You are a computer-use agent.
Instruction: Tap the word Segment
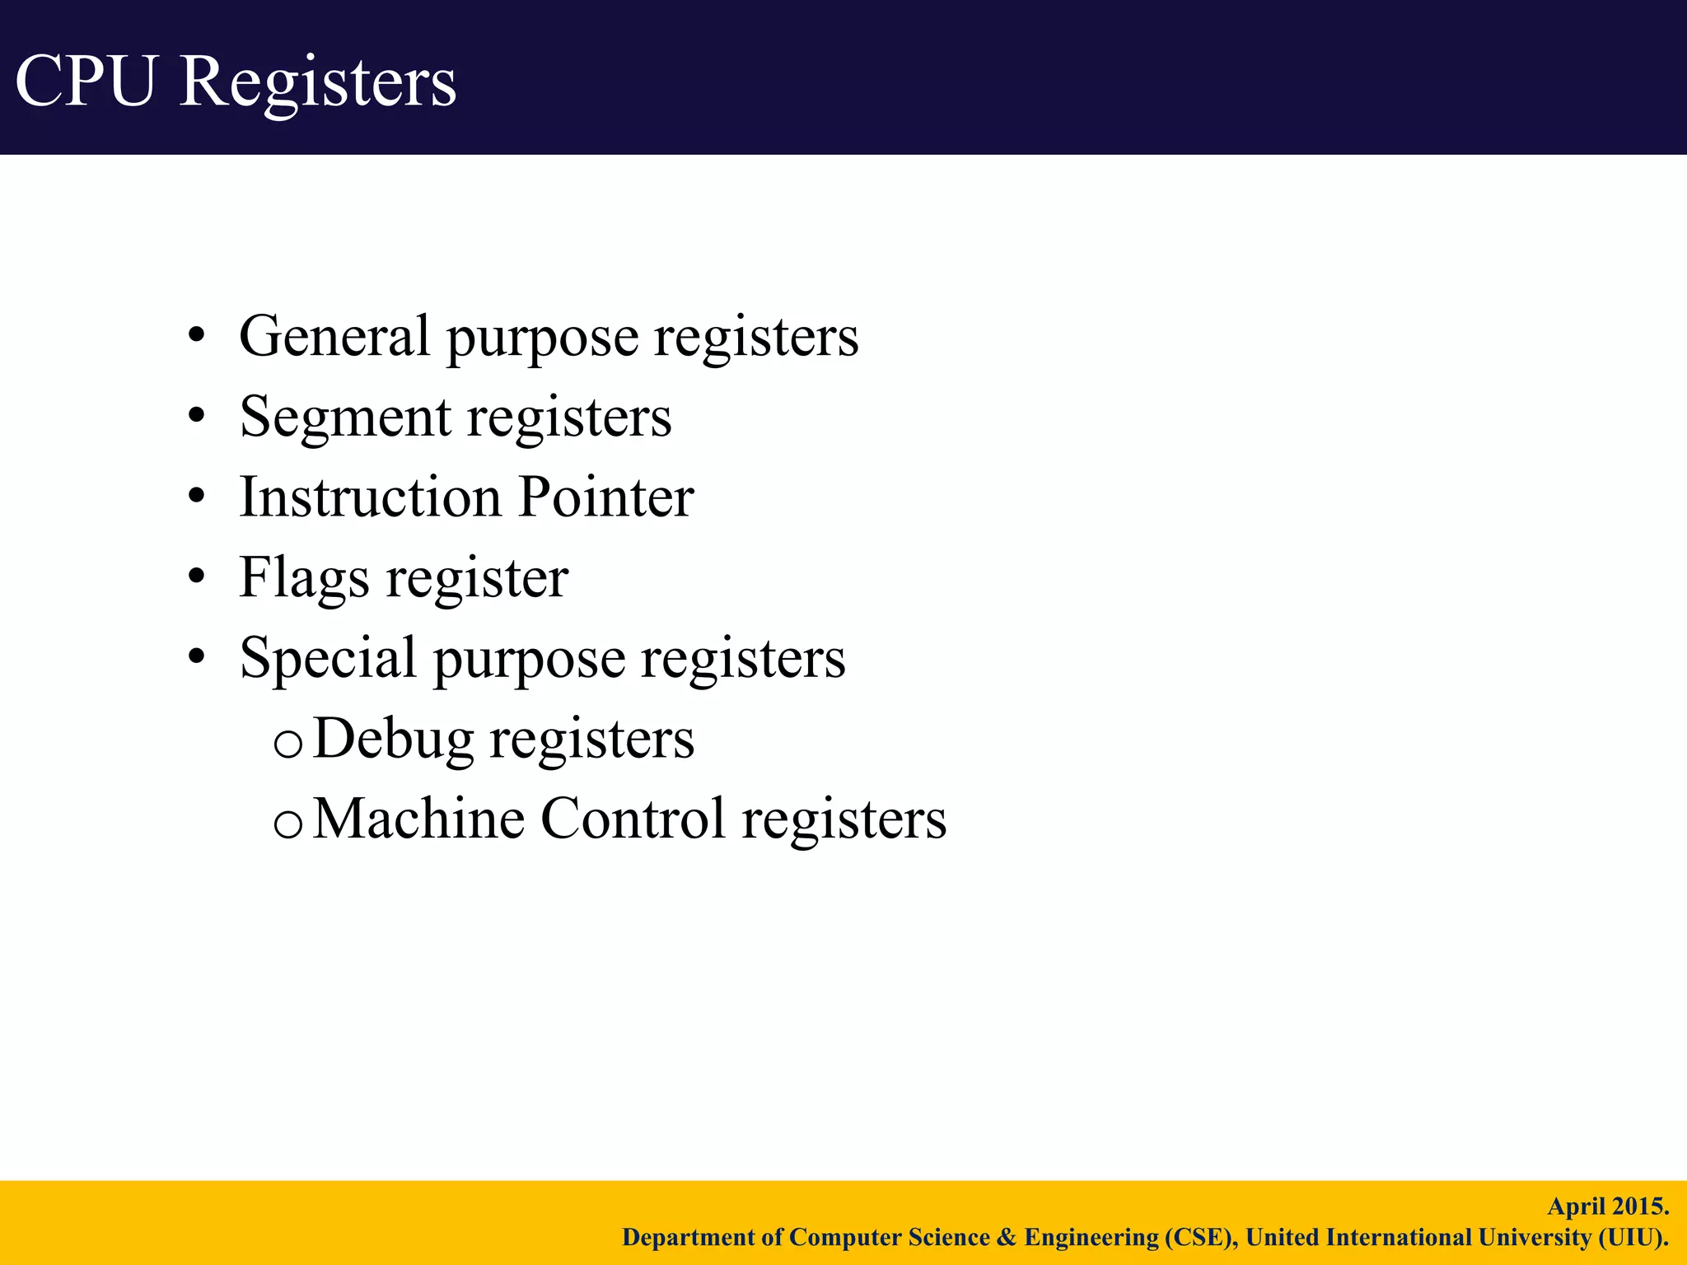point(346,418)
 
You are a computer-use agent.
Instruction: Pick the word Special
point(328,659)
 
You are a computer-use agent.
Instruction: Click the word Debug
point(394,739)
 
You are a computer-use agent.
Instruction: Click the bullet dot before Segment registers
point(196,417)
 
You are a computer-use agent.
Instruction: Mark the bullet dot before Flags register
point(196,577)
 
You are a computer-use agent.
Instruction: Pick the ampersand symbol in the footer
point(1007,1238)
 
